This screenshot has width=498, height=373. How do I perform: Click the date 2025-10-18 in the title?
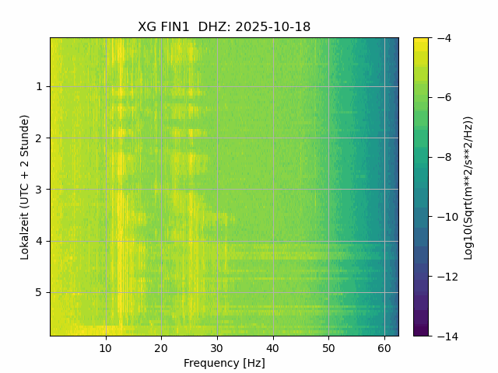pyautogui.click(x=272, y=27)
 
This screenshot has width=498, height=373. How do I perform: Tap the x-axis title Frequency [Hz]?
pyautogui.click(x=224, y=363)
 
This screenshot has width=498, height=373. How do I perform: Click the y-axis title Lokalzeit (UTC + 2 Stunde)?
pyautogui.click(x=25, y=186)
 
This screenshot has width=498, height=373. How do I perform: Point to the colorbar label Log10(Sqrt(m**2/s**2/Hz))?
pyautogui.click(x=468, y=186)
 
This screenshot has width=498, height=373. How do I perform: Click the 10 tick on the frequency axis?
pyautogui.click(x=106, y=347)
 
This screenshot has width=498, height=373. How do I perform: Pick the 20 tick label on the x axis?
pyautogui.click(x=161, y=347)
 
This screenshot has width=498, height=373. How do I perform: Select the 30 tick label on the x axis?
pyautogui.click(x=217, y=347)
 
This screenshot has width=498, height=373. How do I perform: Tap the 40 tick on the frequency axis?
pyautogui.click(x=272, y=347)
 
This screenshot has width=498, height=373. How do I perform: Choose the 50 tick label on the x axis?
pyautogui.click(x=328, y=347)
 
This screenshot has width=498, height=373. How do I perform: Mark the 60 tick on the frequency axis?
pyautogui.click(x=384, y=347)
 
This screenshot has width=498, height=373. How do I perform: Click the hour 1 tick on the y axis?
pyautogui.click(x=39, y=86)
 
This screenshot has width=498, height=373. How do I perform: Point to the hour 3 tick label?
pyautogui.click(x=39, y=190)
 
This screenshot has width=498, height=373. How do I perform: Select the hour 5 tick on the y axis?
pyautogui.click(x=39, y=292)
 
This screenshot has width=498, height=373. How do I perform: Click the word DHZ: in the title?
pyautogui.click(x=214, y=27)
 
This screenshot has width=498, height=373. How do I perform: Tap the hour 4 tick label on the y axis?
pyautogui.click(x=39, y=241)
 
